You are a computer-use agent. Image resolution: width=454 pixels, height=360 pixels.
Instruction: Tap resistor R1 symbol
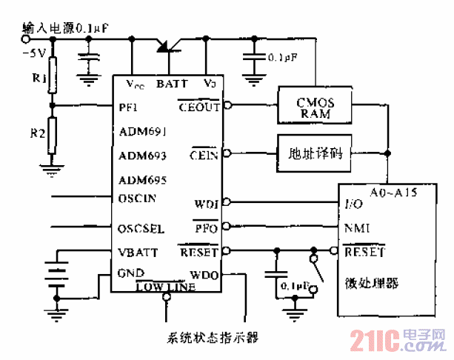click(x=52, y=79)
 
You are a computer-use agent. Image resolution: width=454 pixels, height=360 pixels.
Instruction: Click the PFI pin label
click(x=127, y=107)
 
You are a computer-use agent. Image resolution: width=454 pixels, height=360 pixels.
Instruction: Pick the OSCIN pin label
click(x=137, y=198)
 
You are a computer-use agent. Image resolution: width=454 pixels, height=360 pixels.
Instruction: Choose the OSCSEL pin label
click(x=141, y=227)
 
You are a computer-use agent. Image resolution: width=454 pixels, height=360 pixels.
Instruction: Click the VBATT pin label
click(x=136, y=252)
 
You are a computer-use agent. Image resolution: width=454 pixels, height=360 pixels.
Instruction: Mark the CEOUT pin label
click(x=199, y=107)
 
